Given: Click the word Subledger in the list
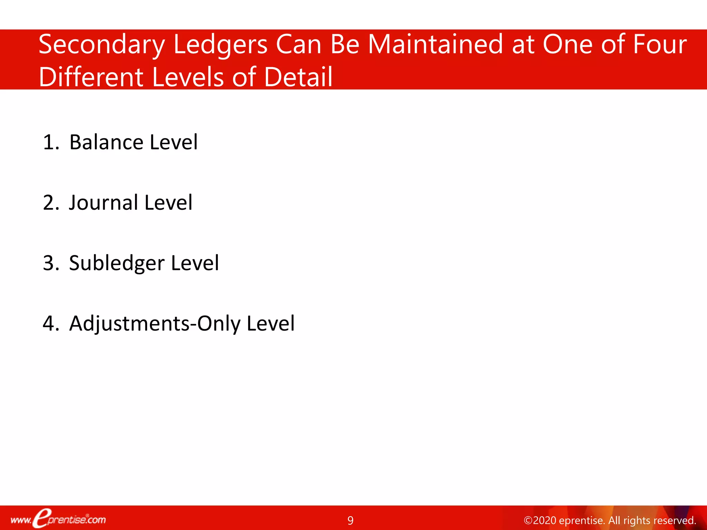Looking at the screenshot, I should pos(117,264).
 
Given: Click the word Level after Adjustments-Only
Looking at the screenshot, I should pos(271,324).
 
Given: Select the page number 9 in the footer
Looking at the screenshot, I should pos(350,520).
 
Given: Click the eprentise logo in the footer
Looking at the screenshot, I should pos(58,519).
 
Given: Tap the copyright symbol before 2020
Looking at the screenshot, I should pos(528,520).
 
